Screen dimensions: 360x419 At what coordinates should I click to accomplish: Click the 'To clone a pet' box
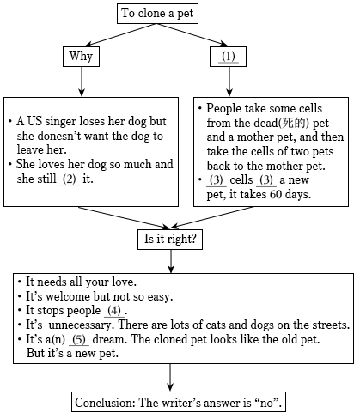(157, 14)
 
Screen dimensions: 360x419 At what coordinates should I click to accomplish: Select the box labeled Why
(82, 57)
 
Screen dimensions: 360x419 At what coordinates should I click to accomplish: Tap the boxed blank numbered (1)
(228, 57)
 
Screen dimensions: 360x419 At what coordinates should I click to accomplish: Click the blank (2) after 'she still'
(70, 179)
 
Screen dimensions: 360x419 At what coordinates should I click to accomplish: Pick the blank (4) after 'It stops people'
(114, 311)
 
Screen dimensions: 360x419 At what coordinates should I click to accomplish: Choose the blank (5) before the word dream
(79, 340)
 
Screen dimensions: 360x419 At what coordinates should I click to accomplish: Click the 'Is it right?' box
(170, 240)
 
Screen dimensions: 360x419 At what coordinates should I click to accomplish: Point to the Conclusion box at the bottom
(179, 402)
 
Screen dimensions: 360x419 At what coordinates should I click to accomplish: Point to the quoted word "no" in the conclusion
(267, 403)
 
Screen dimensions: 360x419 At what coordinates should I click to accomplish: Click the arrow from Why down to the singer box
(82, 82)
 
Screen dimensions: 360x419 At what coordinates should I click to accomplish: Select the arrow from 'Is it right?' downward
(171, 261)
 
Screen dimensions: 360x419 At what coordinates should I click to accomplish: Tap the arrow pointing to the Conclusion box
(170, 378)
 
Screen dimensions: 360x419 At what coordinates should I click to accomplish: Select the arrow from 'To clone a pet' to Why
(121, 35)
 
